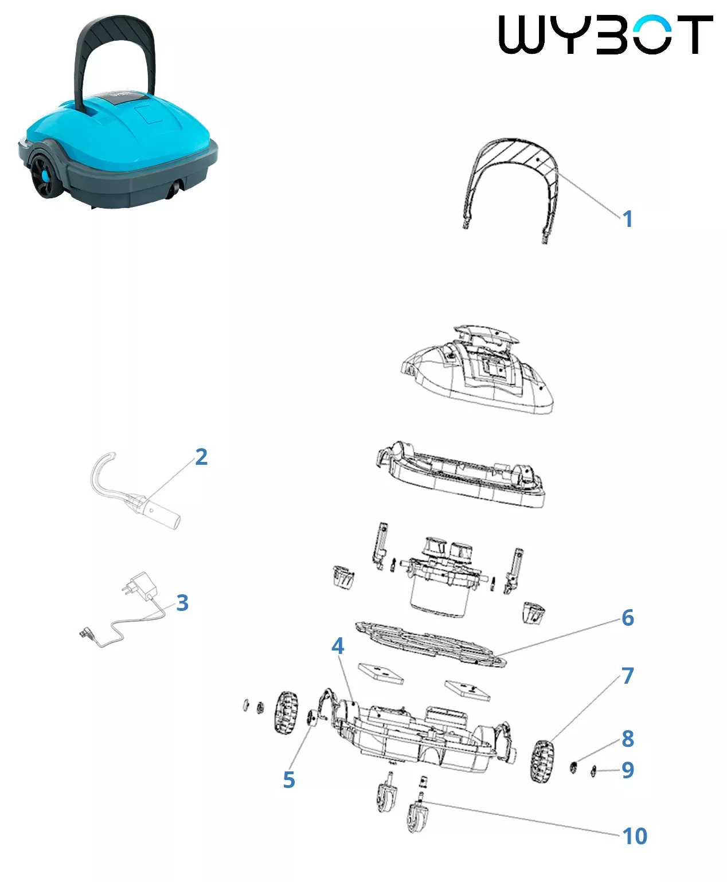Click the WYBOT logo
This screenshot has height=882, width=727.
[605, 34]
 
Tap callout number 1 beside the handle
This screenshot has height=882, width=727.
[628, 219]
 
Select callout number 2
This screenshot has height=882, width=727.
[201, 457]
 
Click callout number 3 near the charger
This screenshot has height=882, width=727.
[182, 603]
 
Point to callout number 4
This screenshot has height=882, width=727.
[338, 646]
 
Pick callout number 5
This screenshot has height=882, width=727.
[289, 780]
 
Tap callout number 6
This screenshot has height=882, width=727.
[628, 618]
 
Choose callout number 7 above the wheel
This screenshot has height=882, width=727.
[628, 676]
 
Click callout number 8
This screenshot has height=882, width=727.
[628, 739]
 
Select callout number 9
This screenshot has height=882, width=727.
[628, 770]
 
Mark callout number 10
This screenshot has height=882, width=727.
[635, 836]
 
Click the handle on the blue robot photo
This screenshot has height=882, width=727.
[114, 46]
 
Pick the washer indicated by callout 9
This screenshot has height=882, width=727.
[593, 772]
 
